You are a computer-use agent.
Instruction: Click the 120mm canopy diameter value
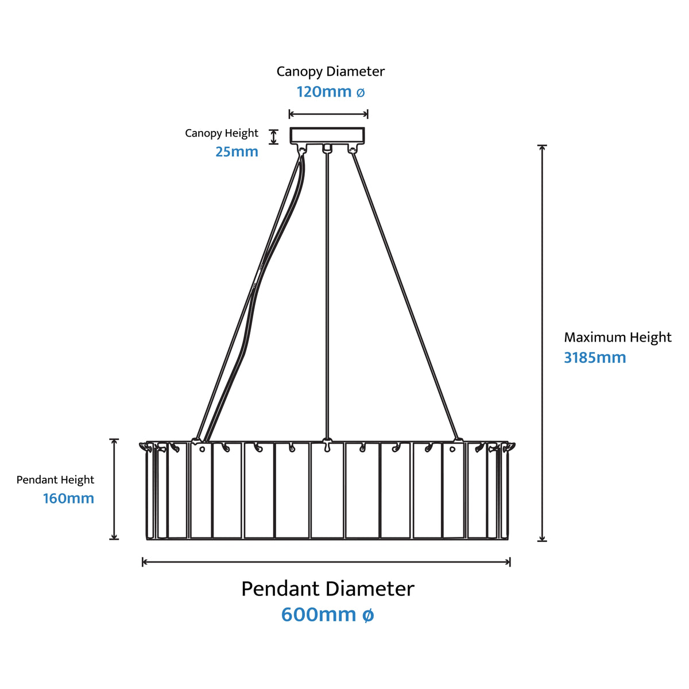(330, 92)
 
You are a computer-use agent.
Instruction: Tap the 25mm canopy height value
(237, 152)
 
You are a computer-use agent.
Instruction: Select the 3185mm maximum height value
(595, 358)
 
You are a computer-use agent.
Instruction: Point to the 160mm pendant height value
(69, 498)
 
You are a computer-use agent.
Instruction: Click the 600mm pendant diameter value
(327, 614)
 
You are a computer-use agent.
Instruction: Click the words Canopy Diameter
(330, 72)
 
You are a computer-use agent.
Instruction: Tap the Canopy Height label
(221, 133)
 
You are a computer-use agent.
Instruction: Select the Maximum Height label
(618, 337)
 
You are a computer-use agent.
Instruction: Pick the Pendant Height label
(56, 480)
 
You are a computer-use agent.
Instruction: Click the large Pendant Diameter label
(327, 589)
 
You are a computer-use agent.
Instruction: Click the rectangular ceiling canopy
(327, 136)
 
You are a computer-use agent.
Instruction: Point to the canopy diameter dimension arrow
(328, 114)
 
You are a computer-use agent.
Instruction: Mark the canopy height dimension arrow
(273, 137)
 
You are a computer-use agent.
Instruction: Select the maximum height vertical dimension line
(543, 343)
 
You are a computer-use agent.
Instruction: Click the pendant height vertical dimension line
(114, 489)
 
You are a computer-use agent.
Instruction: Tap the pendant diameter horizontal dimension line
(326, 562)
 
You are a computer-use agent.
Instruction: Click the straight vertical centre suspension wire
(327, 296)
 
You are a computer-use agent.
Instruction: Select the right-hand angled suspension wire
(405, 296)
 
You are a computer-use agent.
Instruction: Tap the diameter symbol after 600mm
(368, 615)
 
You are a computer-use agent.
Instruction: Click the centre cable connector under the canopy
(327, 148)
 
